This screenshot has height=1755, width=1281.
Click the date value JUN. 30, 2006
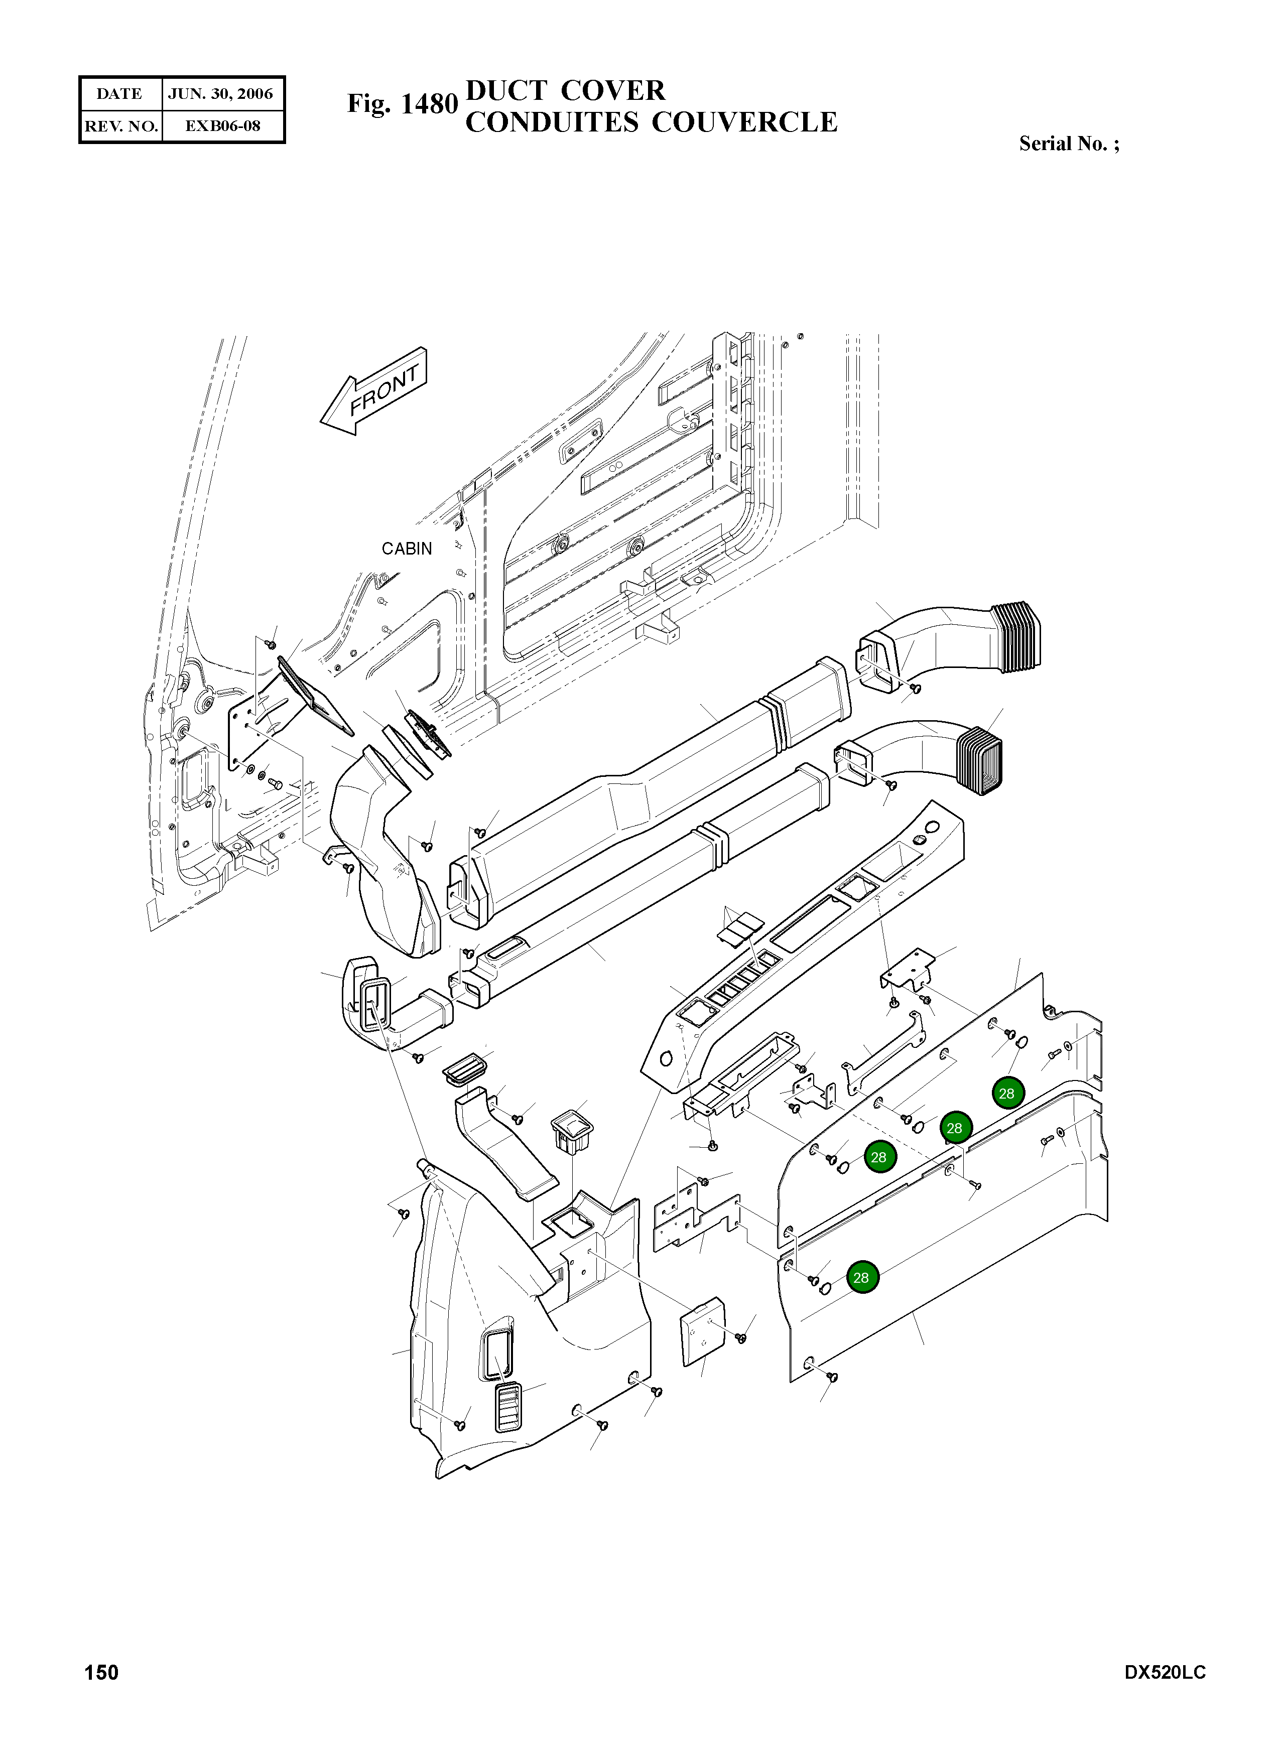coord(220,94)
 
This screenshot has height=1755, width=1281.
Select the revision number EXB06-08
coord(222,125)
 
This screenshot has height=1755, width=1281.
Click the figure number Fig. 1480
coord(402,104)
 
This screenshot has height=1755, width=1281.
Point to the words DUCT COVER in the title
coord(565,91)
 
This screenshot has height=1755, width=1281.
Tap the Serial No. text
coord(1069,144)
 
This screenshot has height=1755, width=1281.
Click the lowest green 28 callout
coord(861,1278)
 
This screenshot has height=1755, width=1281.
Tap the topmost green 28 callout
coord(1006,1094)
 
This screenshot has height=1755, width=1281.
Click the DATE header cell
coord(119,94)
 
